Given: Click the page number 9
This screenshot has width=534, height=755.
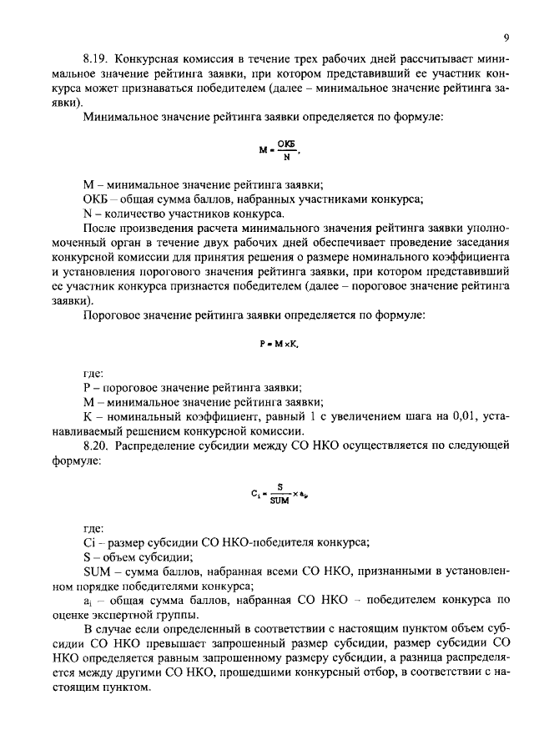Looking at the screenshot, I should [x=506, y=38].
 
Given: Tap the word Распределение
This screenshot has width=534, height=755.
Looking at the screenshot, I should [x=164, y=446].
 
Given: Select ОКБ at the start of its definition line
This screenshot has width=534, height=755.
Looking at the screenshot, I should [x=95, y=199].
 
